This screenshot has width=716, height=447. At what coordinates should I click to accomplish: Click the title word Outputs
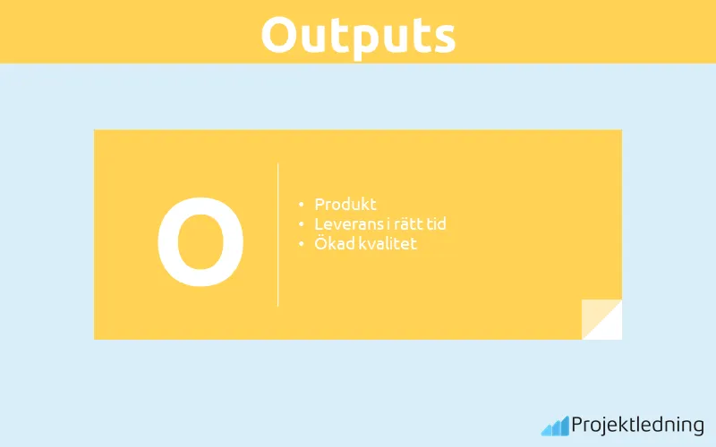point(358,34)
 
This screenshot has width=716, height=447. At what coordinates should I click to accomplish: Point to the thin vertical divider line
point(278,234)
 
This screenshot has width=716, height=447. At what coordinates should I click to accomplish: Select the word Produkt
point(345,205)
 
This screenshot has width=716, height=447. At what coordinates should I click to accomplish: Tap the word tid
point(436,224)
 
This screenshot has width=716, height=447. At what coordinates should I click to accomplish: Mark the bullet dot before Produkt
point(301,206)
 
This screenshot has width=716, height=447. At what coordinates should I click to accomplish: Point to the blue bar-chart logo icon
point(554,426)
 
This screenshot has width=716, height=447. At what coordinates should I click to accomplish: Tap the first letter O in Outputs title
point(282,34)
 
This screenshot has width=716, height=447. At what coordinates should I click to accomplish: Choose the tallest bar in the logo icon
point(564,425)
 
